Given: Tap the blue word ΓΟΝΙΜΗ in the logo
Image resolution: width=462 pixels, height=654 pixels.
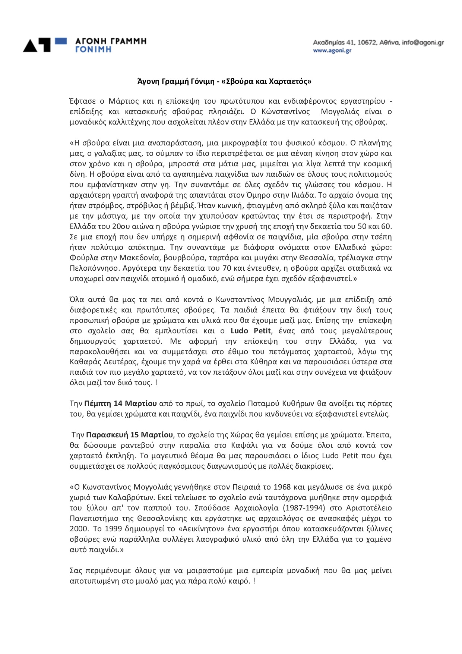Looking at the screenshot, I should pos(93,49).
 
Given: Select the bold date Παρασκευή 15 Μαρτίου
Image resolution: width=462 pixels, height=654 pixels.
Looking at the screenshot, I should pos(130,435).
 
